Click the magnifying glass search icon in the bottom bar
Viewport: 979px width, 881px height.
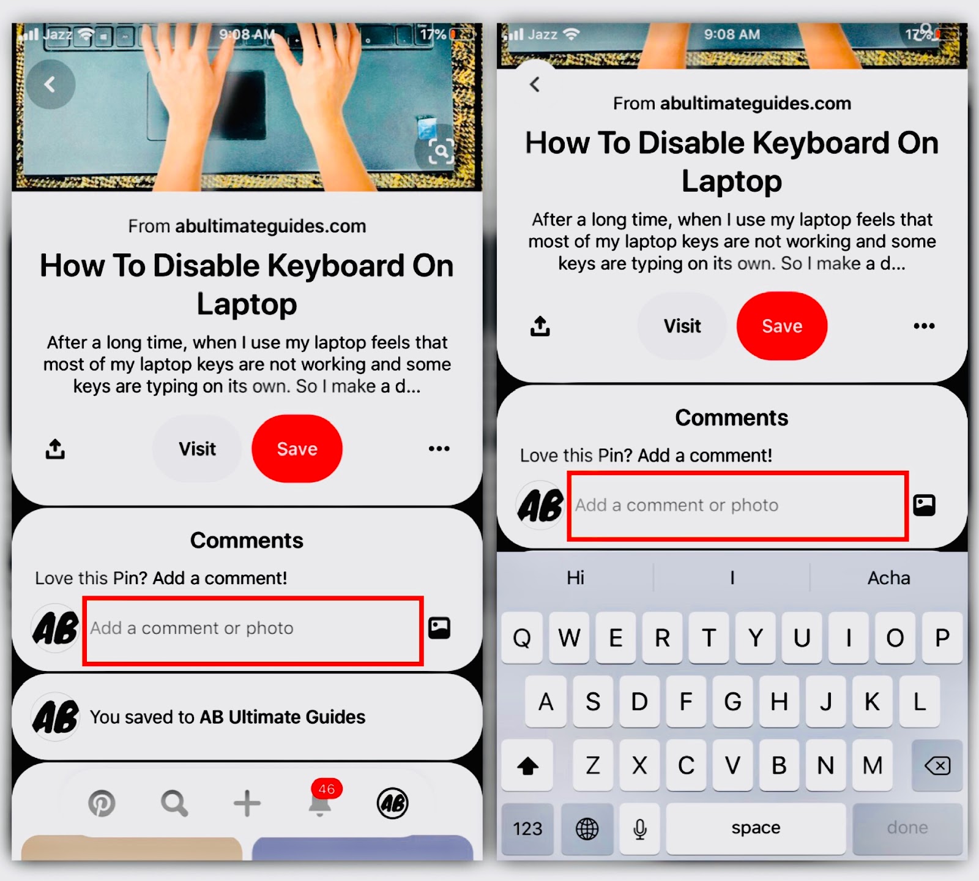174,803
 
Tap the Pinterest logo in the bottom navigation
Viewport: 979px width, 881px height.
102,803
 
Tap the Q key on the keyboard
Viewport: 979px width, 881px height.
522,638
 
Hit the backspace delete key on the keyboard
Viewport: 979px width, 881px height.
937,765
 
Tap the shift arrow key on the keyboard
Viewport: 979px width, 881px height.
527,765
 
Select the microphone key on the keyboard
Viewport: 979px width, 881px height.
640,829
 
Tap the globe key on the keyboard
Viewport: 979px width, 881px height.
587,829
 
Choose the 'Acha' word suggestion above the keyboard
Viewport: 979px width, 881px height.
888,578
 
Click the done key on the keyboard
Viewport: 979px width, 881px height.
907,829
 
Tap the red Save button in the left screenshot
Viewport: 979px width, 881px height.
297,449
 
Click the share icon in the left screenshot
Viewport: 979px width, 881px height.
55,449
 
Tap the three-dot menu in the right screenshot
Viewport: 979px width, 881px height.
924,326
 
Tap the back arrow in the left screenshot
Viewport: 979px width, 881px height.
50,84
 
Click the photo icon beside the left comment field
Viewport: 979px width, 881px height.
439,628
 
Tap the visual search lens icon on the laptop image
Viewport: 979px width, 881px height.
441,151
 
